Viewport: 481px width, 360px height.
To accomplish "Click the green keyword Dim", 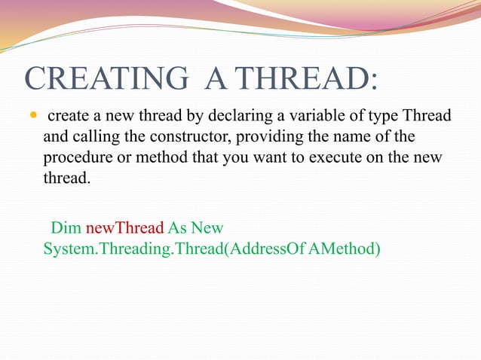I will (x=65, y=227).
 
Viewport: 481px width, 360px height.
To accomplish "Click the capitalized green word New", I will (x=207, y=227).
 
